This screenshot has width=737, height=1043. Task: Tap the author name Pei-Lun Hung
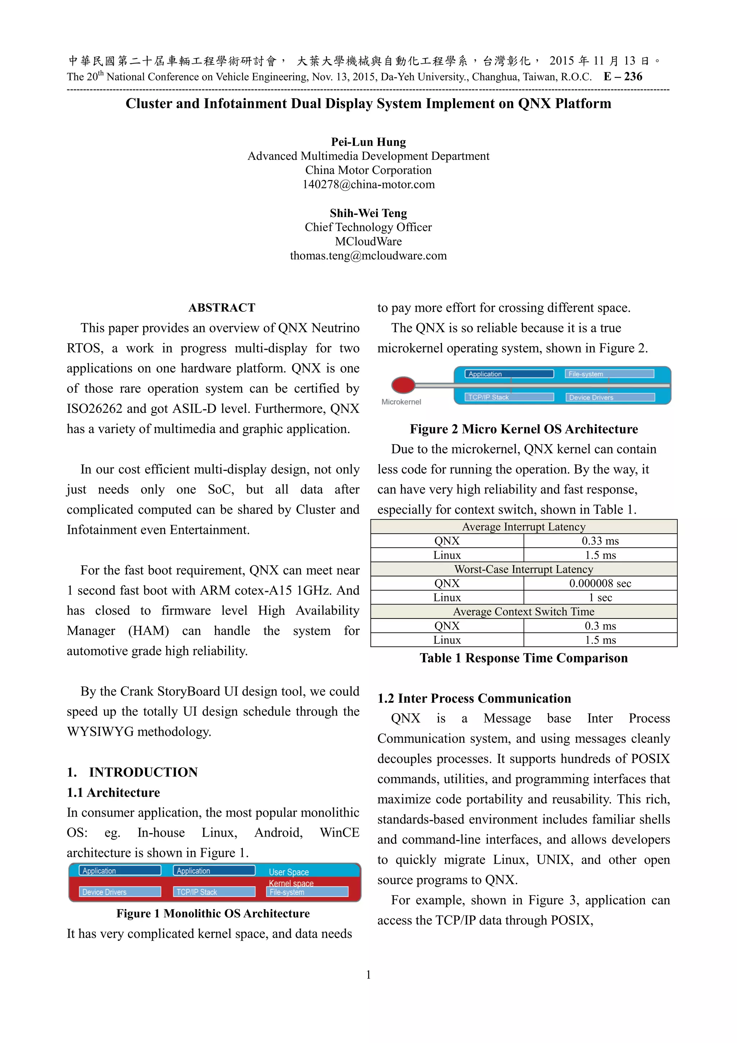tap(368, 142)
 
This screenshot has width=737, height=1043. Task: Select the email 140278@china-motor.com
tap(368, 184)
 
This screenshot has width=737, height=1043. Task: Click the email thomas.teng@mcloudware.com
tap(368, 256)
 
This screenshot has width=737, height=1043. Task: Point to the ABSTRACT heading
tap(222, 307)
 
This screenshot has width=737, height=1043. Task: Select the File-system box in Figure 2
tap(609, 374)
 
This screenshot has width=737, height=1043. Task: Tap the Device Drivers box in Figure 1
tap(120, 892)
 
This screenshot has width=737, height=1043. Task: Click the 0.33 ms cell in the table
tap(600, 541)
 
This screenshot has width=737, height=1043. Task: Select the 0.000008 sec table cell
tap(600, 583)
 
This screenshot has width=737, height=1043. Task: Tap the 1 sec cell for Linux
tap(600, 597)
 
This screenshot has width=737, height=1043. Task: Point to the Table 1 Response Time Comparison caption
tap(523, 658)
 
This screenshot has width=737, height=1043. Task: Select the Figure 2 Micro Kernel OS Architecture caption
tap(523, 429)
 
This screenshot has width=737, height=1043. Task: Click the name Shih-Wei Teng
tap(368, 213)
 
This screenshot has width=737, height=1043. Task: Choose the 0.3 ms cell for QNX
tap(600, 626)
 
